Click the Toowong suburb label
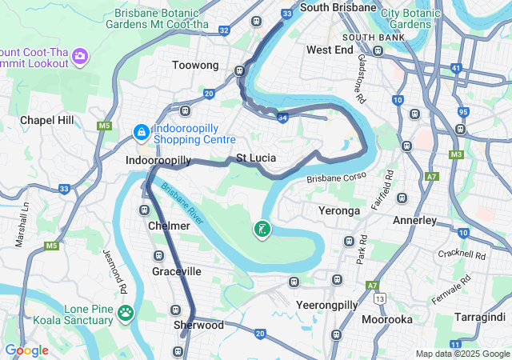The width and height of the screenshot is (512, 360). click(x=195, y=66)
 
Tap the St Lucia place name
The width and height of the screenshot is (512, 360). click(x=256, y=158)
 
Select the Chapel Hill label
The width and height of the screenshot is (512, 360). click(x=47, y=120)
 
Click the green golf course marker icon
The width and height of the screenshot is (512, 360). click(x=262, y=230)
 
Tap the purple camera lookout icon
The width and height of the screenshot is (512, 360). click(x=80, y=56)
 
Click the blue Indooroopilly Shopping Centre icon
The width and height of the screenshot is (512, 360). click(x=141, y=131)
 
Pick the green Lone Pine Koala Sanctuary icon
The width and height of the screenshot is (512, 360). click(x=126, y=312)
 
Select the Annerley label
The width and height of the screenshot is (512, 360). click(x=414, y=220)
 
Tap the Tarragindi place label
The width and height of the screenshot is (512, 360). click(x=478, y=317)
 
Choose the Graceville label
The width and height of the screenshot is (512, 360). click(x=177, y=272)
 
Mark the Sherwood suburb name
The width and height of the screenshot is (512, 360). click(x=198, y=326)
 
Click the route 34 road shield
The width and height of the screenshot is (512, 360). click(x=282, y=118)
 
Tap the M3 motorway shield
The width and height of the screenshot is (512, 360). click(x=456, y=154)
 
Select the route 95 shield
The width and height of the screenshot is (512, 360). click(x=464, y=111)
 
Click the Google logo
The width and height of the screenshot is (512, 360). click(x=26, y=350)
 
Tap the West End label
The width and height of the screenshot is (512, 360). click(x=330, y=50)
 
